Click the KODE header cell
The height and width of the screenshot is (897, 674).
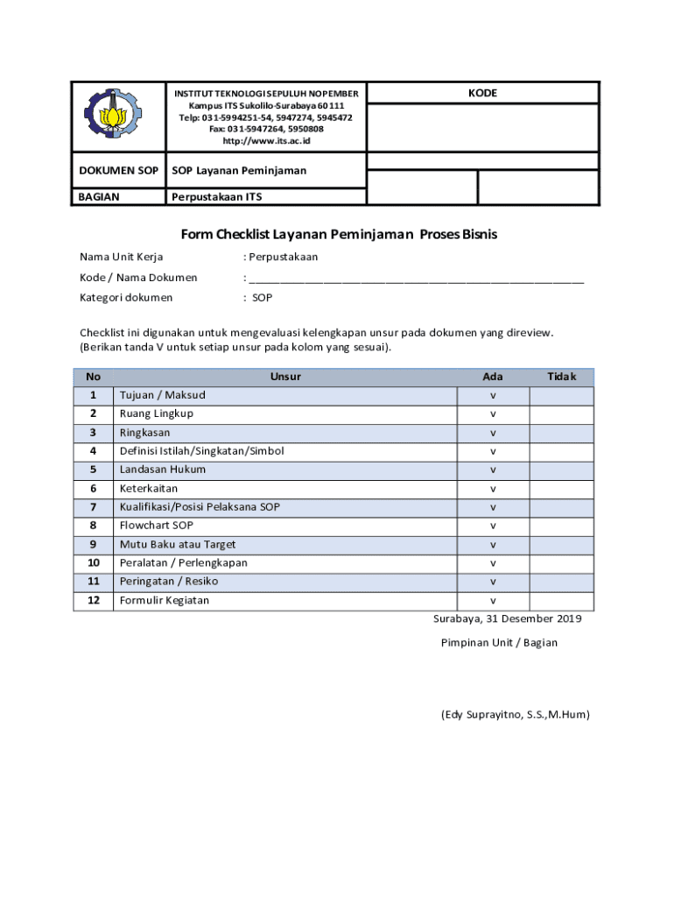(x=482, y=93)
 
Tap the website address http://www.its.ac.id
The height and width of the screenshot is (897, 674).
(x=266, y=141)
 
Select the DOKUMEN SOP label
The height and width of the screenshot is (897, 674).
(x=118, y=170)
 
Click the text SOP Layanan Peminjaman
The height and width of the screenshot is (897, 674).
(x=239, y=170)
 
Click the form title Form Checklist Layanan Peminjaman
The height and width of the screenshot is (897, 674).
(x=339, y=235)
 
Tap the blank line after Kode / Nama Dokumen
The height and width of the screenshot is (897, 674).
(x=416, y=278)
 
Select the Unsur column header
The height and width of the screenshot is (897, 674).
(x=285, y=377)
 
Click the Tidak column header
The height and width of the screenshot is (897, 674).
(x=561, y=377)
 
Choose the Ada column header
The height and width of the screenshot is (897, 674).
(x=493, y=377)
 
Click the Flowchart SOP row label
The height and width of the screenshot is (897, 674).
(x=157, y=526)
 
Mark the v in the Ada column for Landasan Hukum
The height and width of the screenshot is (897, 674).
(x=493, y=470)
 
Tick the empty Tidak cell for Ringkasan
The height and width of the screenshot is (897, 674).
(x=561, y=433)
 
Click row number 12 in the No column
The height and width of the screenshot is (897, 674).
(x=93, y=600)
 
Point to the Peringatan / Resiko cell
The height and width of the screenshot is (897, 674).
(x=169, y=582)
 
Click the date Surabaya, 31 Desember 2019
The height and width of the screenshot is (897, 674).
(x=507, y=618)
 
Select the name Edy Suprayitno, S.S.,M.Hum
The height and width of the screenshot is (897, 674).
(x=515, y=715)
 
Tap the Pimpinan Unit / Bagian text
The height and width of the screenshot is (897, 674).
(x=499, y=643)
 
